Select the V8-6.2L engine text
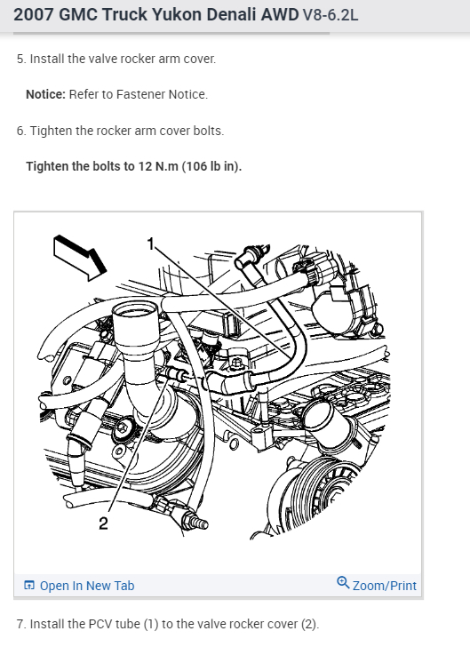click(x=331, y=15)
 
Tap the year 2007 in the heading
click(x=34, y=14)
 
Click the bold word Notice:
click(x=45, y=94)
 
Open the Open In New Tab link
click(x=87, y=586)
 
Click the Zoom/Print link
click(x=385, y=586)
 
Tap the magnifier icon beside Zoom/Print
click(x=343, y=582)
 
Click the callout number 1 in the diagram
click(x=151, y=244)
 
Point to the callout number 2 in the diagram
click(x=103, y=523)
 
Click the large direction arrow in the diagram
click(x=79, y=258)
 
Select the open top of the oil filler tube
click(x=135, y=310)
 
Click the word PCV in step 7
click(x=100, y=624)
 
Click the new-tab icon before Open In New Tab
click(x=28, y=585)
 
